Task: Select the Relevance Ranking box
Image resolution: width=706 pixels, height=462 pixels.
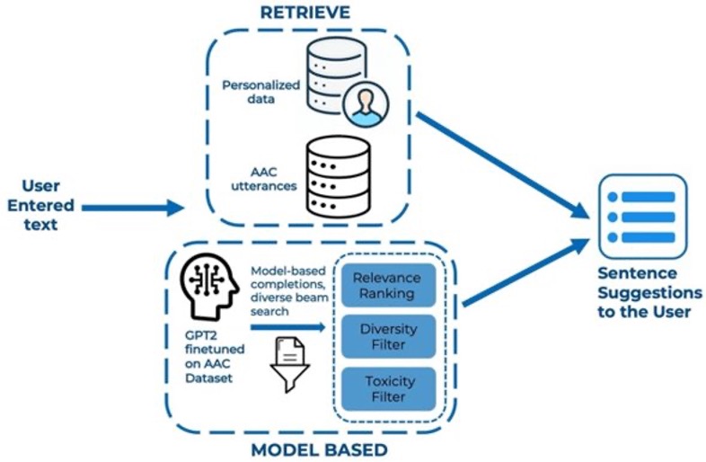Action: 388,286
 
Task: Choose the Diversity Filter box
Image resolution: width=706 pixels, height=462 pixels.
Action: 388,337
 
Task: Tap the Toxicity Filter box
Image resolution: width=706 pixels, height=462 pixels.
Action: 388,388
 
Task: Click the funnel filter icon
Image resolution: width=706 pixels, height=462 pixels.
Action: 289,363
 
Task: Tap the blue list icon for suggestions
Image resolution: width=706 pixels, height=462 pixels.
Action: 642,216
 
